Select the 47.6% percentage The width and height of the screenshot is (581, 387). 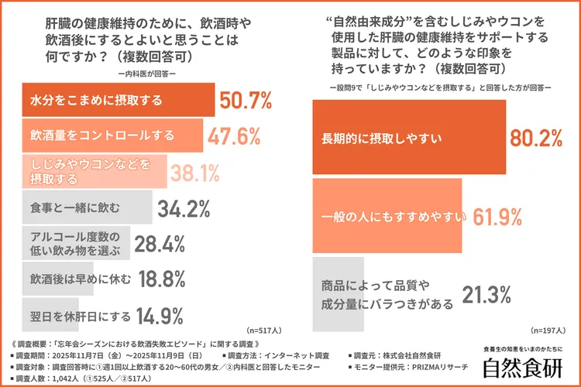tap(233, 136)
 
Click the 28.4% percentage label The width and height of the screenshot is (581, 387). tap(160, 244)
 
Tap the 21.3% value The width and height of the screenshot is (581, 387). tap(487, 294)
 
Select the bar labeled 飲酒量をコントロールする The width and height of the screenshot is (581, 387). tap(112, 136)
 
